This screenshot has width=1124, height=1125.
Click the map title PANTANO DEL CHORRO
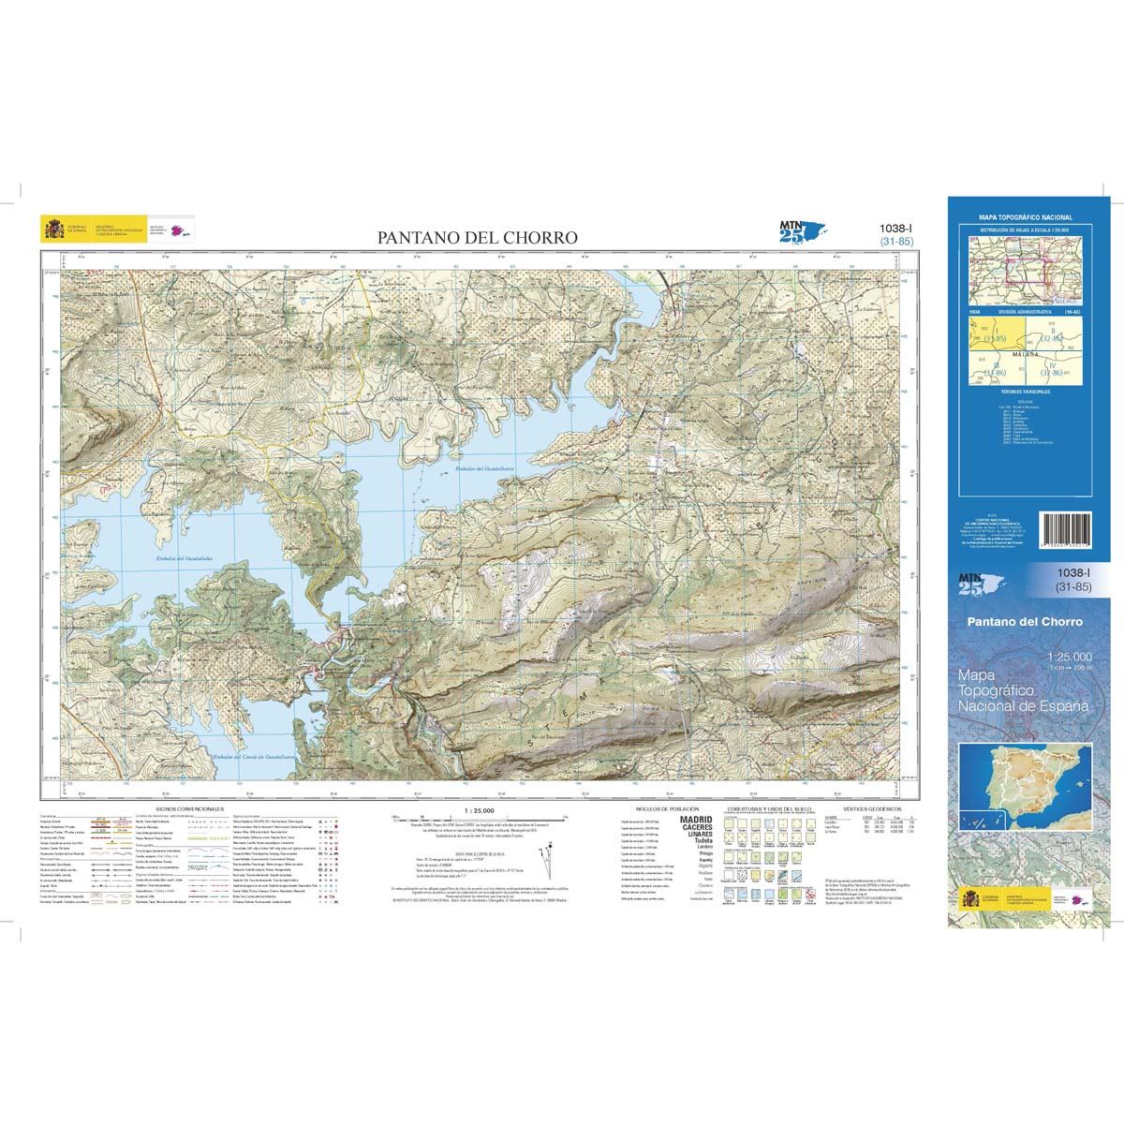478,238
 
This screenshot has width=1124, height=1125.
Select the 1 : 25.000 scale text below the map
479,808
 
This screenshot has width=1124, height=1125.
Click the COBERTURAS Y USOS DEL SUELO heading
777,807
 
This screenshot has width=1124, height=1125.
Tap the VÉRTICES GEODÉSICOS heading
871,807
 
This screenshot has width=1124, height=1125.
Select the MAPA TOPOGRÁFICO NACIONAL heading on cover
1026,217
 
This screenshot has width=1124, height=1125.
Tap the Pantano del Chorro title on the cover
1025,621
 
